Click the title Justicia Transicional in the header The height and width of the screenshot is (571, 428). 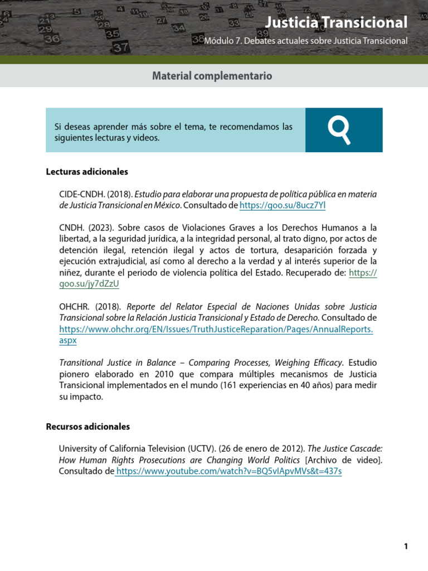tap(336, 23)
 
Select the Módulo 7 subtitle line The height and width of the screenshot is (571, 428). tap(306, 41)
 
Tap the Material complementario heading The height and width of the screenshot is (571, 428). tap(212, 75)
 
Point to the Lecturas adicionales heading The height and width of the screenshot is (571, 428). tap(87, 172)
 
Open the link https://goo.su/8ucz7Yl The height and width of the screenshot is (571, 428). tap(282, 206)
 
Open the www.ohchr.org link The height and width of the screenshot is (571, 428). tap(216, 329)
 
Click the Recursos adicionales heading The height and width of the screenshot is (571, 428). tap(87, 427)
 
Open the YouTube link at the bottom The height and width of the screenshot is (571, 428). tap(228, 471)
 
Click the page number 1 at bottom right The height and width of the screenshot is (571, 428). tap(406, 546)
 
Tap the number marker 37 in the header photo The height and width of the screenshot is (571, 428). tap(121, 48)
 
